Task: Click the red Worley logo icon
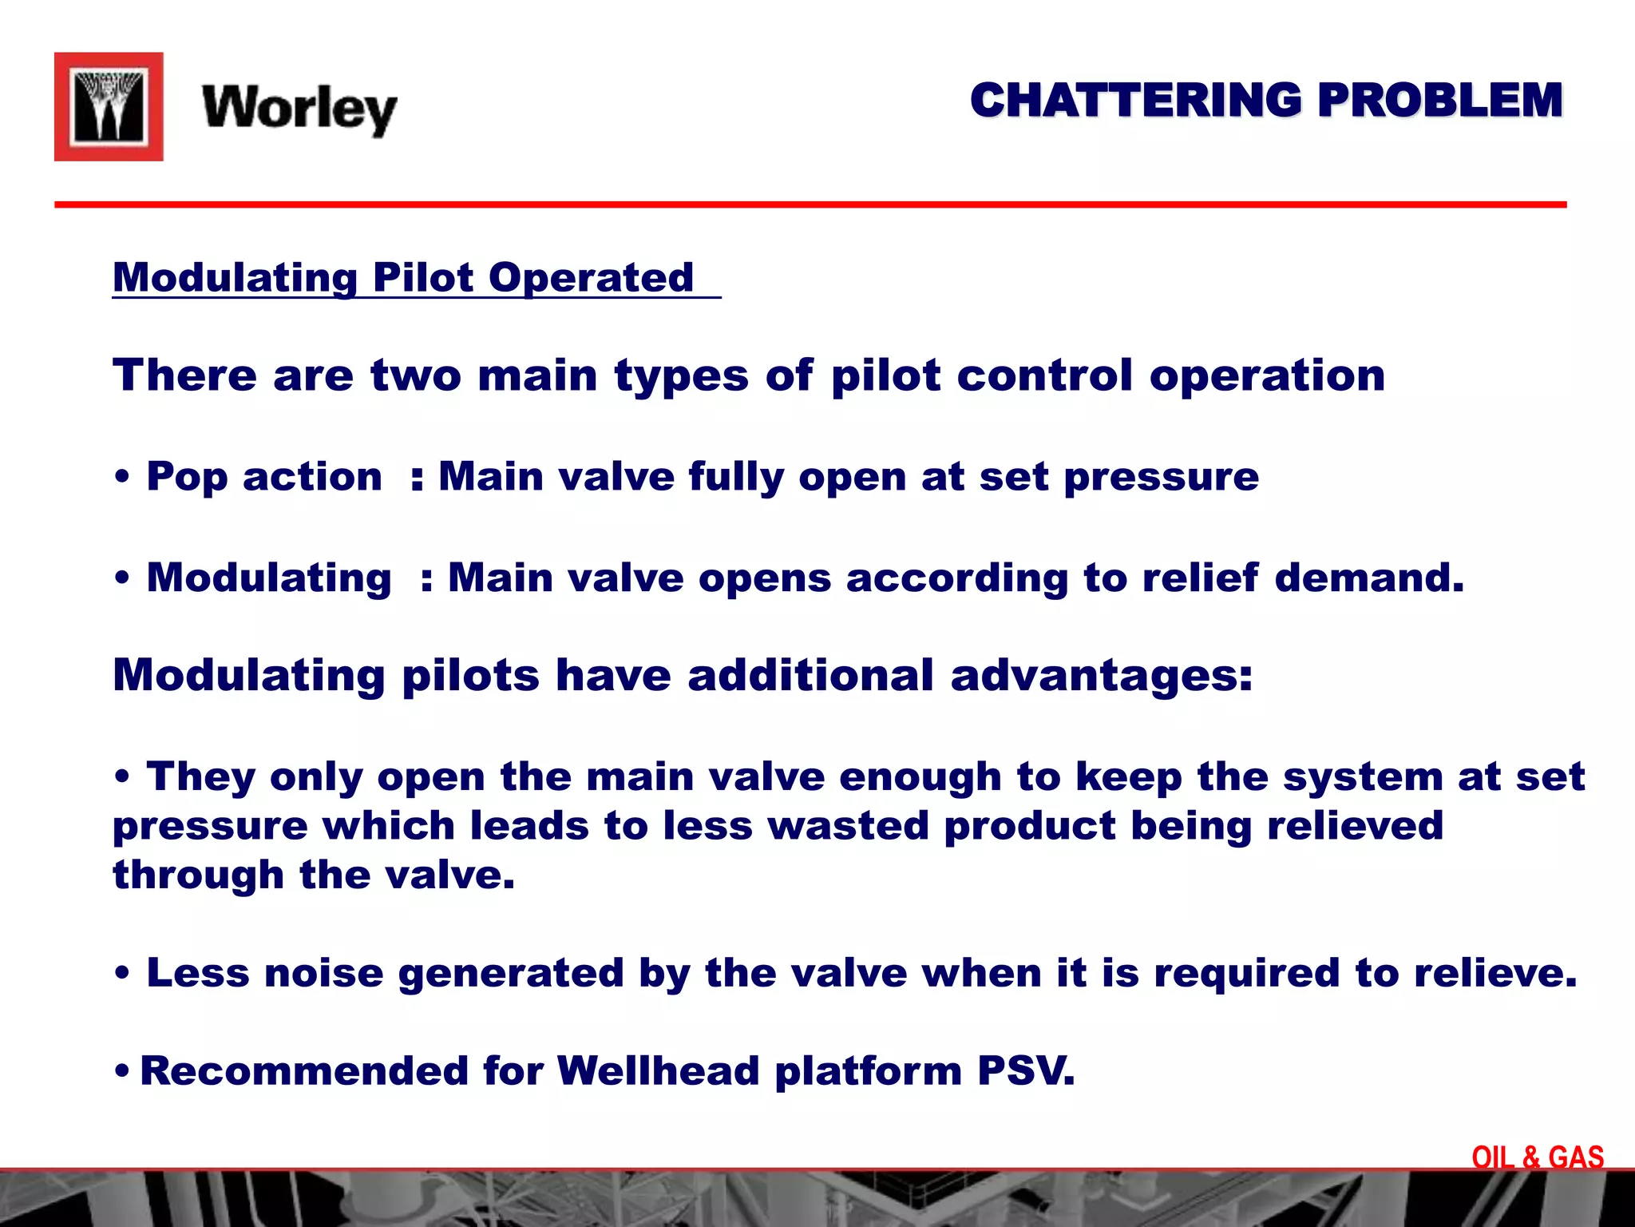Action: pos(109,107)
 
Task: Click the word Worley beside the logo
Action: pos(299,109)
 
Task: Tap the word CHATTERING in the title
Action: pos(1135,101)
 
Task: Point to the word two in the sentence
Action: pos(416,375)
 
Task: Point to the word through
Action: pos(198,875)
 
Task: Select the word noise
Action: pos(324,973)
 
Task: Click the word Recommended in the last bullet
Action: pos(304,1071)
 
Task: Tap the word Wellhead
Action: pos(658,1071)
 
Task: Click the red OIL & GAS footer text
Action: pos(1538,1158)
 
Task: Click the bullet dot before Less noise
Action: pos(122,974)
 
